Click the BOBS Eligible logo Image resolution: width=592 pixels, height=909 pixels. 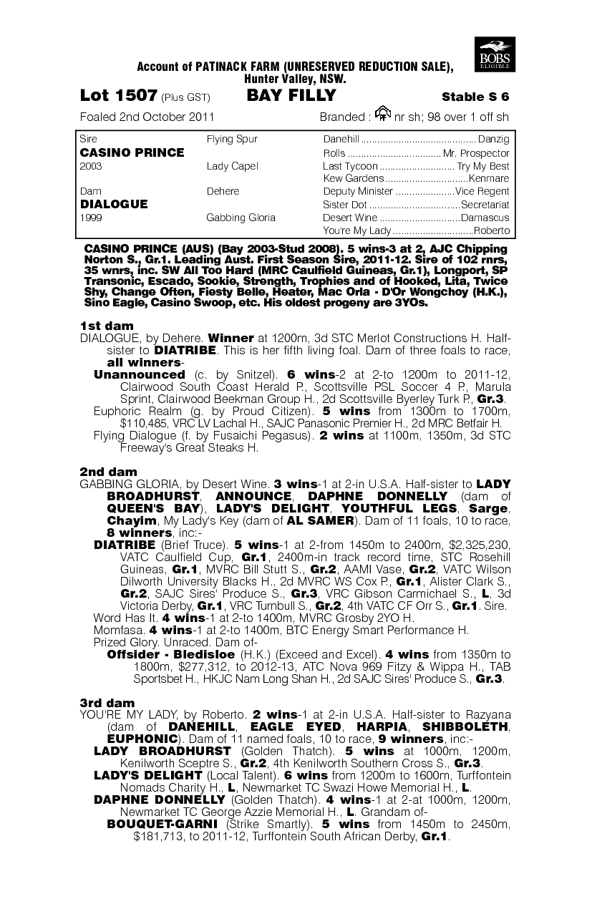(x=493, y=54)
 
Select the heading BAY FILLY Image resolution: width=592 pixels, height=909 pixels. (x=291, y=96)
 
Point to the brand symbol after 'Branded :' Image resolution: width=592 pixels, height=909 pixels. (x=383, y=114)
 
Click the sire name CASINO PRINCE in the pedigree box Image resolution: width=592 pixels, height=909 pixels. (x=132, y=152)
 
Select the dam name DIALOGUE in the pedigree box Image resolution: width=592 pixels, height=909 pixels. (x=114, y=204)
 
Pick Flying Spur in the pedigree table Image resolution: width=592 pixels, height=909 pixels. (x=232, y=139)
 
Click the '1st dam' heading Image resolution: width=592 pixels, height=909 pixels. (x=107, y=326)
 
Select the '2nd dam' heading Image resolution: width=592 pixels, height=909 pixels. (x=108, y=472)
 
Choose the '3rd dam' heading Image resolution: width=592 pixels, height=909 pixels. (x=107, y=703)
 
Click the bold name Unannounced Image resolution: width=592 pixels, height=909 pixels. (x=140, y=374)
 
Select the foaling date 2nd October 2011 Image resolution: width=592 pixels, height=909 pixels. (x=147, y=117)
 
